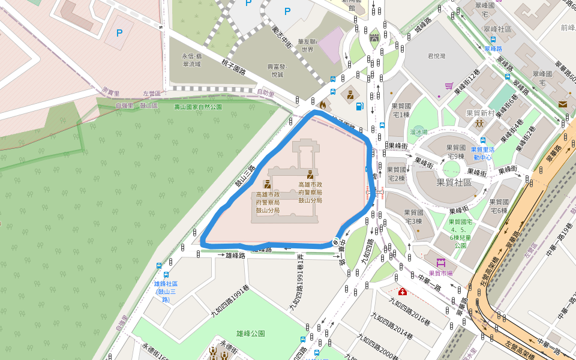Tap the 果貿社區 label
point(453,182)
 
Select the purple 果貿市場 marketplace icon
point(441,263)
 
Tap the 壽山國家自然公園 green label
point(198,107)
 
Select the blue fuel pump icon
point(359,106)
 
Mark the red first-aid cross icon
point(401,292)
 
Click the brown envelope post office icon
point(562,104)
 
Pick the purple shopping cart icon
point(448,85)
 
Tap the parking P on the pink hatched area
point(119,32)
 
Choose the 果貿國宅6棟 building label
point(499,206)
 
